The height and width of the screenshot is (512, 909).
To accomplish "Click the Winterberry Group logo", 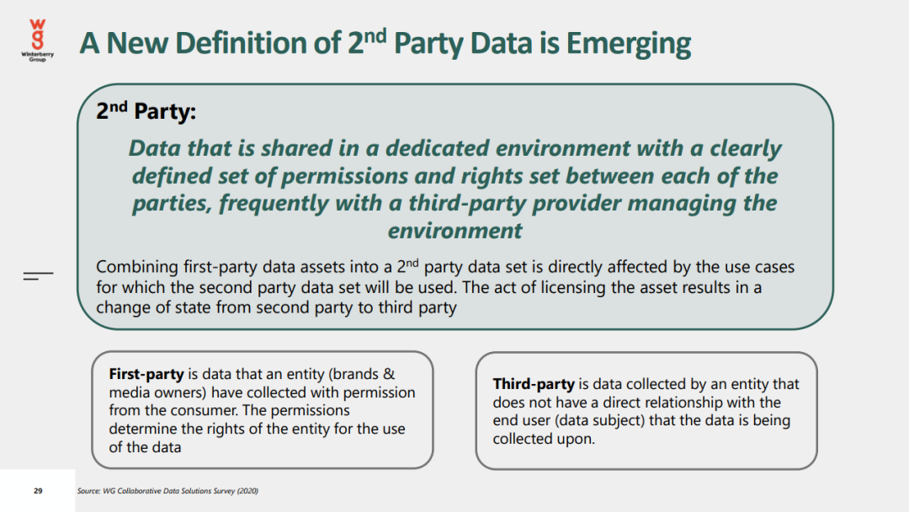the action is (x=38, y=40).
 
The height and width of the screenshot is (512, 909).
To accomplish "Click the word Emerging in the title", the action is (x=629, y=44).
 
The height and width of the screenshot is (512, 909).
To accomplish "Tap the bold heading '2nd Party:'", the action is (x=146, y=110).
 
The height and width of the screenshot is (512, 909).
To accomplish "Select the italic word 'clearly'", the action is (x=746, y=148).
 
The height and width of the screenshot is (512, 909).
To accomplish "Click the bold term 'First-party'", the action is (x=146, y=374).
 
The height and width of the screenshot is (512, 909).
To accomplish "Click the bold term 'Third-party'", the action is (x=534, y=384).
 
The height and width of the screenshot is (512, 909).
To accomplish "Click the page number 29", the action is (x=38, y=491).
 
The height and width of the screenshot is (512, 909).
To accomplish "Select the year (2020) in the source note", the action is (x=247, y=491).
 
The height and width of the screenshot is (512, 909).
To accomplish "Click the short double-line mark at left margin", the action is (x=38, y=275).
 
